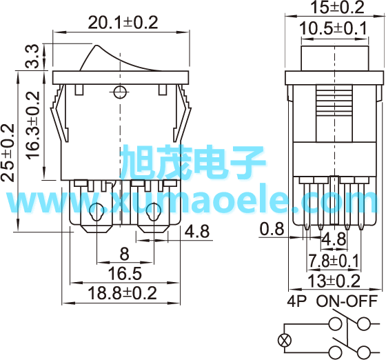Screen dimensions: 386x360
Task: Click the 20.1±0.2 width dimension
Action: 123,23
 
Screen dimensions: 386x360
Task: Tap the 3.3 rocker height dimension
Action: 32,57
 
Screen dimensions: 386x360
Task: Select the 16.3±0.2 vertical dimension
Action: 33,126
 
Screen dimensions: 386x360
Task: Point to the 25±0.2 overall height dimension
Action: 8,153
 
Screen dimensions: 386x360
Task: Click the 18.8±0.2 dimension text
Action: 123,293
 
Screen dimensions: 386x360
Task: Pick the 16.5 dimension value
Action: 125,273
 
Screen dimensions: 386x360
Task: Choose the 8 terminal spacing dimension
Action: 124,254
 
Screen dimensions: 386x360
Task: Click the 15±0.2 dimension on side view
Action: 338,7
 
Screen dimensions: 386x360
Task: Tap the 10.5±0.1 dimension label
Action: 333,28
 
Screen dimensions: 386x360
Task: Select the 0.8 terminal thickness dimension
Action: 272,229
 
